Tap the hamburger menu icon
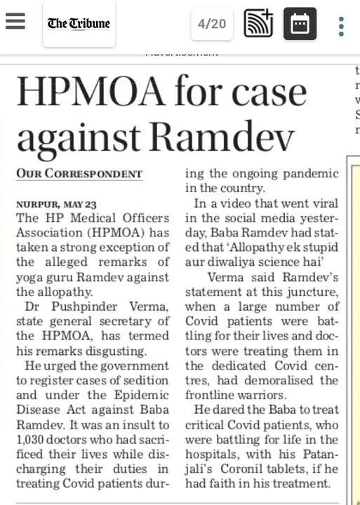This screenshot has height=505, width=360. [15, 23]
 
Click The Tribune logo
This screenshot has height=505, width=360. [79, 24]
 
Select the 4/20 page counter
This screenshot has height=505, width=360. [212, 24]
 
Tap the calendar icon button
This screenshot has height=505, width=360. [300, 24]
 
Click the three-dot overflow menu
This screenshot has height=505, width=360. [341, 25]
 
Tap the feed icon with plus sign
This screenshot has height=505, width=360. [258, 24]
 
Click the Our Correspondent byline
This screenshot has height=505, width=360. [79, 173]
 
